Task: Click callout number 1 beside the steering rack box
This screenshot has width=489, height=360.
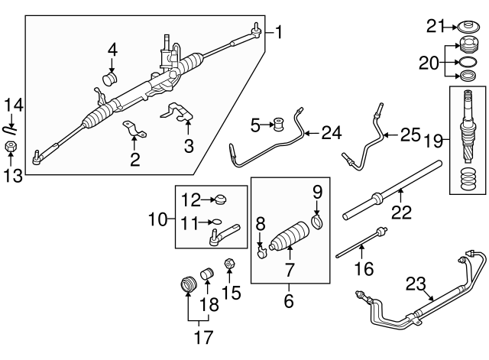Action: [280, 32]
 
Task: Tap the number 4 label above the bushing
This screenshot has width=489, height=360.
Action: [112, 50]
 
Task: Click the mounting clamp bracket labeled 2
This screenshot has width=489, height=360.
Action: [137, 130]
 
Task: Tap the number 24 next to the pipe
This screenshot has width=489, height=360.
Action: [331, 133]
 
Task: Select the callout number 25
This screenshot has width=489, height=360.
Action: [410, 135]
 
